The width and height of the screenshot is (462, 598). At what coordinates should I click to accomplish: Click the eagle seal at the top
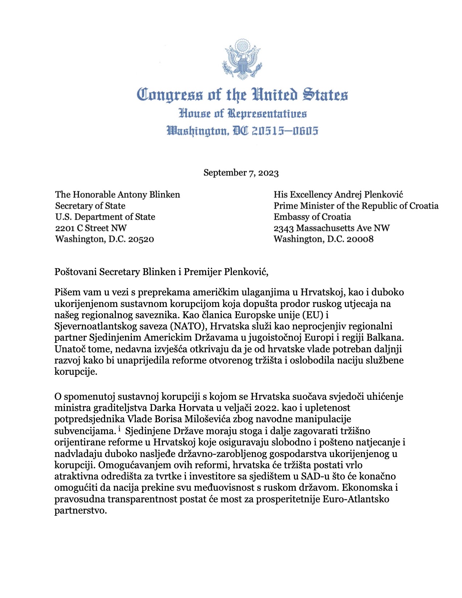tap(241, 60)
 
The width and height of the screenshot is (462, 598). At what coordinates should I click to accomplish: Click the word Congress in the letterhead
tap(170, 95)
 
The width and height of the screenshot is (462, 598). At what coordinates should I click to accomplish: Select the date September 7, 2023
tap(241, 173)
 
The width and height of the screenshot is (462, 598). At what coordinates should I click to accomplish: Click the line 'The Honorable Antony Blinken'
tap(117, 195)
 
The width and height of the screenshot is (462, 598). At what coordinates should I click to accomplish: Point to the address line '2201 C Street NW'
tap(91, 228)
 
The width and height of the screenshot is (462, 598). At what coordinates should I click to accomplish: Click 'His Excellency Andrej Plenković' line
tap(338, 195)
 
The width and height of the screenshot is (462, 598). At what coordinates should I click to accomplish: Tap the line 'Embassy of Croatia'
tap(312, 217)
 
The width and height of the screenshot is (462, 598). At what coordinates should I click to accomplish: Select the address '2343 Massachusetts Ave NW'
tap(332, 228)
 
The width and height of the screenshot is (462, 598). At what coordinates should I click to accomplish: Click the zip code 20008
tap(359, 239)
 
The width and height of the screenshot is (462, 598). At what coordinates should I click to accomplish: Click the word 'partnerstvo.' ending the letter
tap(80, 511)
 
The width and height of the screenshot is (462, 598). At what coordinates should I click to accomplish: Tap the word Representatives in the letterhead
tap(267, 113)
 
